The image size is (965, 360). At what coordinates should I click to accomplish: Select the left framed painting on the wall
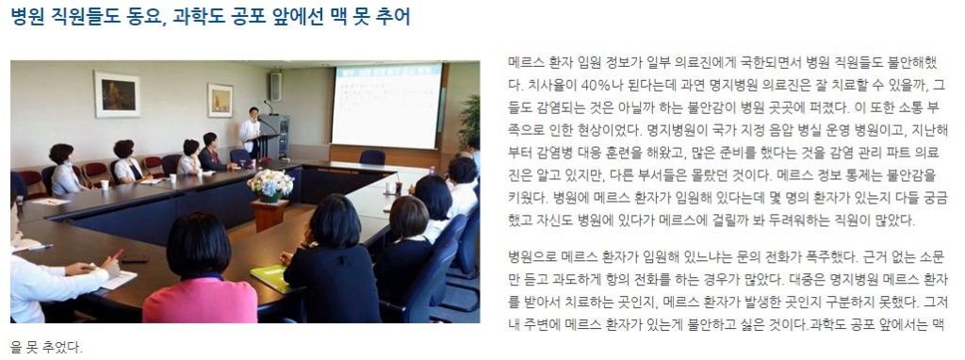[116, 95]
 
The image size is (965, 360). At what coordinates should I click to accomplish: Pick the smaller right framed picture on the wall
[220, 99]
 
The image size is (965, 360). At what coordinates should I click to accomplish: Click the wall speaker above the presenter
[275, 86]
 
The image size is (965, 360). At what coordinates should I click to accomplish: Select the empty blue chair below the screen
[372, 157]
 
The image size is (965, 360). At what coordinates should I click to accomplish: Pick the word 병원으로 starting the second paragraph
[536, 255]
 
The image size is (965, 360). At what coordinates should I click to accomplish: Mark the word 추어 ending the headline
[392, 17]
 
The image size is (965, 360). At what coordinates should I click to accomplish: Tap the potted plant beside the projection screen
[468, 118]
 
